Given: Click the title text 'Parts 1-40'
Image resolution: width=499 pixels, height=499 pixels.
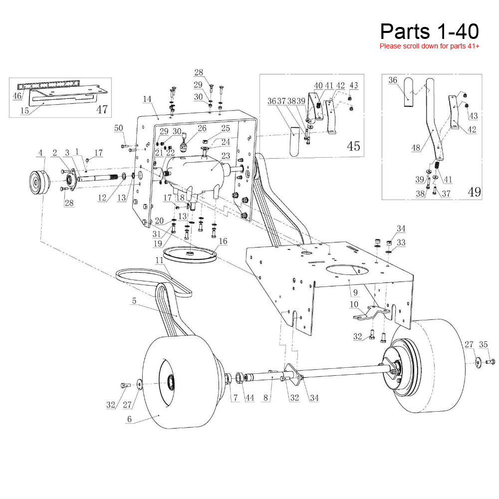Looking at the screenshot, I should tap(429, 31).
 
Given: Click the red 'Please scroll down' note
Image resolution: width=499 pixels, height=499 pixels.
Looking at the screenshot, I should tap(429, 46).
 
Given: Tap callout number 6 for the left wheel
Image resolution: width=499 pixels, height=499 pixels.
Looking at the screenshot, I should tap(129, 420).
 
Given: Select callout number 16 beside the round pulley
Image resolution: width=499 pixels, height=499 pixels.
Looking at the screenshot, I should tap(223, 242).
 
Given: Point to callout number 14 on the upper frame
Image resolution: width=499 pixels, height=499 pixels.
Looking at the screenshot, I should tap(147, 100).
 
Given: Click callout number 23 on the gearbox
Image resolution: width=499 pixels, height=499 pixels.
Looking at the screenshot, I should tap(225, 155).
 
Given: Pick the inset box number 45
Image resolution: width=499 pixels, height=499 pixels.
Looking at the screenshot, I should tap(353, 146).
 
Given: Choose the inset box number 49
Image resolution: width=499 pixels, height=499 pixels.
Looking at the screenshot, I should tap(474, 192).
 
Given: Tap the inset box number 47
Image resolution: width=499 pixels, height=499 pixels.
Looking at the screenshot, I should tap(102, 109).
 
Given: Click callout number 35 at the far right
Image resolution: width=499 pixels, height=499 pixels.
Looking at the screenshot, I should tap(483, 344).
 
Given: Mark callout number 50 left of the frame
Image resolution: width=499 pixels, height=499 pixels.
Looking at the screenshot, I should tap(118, 128).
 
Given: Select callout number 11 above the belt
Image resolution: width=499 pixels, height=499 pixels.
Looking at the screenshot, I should tap(159, 260).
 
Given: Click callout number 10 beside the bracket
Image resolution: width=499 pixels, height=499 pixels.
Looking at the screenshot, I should tap(354, 305).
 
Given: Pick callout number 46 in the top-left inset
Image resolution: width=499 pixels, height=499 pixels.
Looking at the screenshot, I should tap(17, 95).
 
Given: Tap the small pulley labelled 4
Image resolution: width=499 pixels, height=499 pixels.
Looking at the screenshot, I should tap(37, 182).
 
